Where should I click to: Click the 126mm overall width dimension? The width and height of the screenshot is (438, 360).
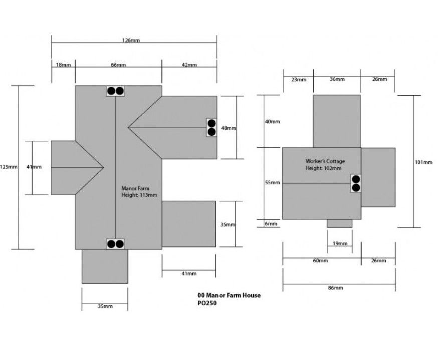[x=134, y=41]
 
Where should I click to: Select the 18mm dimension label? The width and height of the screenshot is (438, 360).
[x=63, y=65]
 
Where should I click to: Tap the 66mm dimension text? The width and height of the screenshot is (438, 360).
[x=118, y=65]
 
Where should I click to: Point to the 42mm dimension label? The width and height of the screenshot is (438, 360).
[x=189, y=65]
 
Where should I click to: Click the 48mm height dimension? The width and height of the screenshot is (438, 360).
[x=228, y=128]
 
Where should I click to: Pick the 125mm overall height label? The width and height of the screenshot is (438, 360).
[x=9, y=167]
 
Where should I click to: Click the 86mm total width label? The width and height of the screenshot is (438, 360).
[x=335, y=288]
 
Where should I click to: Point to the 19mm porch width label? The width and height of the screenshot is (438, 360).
[x=339, y=244]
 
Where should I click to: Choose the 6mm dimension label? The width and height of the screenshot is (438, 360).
[x=271, y=224]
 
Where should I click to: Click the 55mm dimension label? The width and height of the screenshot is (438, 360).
[x=272, y=183]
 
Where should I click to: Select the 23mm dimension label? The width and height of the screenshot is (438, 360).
[x=298, y=79]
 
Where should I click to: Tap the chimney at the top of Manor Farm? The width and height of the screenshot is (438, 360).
[x=115, y=91]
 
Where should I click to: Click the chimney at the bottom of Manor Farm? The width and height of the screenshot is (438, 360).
[x=115, y=244]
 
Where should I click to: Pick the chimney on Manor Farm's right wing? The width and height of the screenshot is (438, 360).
[x=211, y=127]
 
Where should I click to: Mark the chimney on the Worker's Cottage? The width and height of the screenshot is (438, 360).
[x=356, y=183]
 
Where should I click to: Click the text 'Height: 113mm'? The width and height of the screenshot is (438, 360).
[x=139, y=195]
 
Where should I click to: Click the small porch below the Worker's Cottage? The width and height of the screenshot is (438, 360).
[x=340, y=223]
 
